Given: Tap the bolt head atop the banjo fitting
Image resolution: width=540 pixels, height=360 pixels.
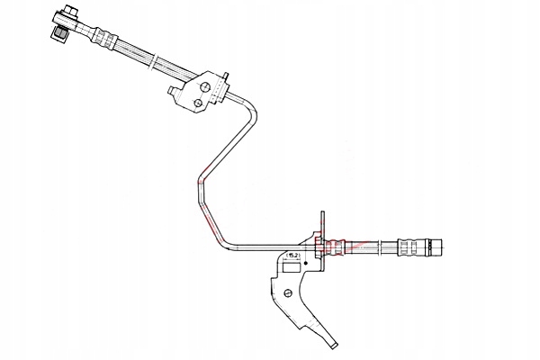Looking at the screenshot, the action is [x=67, y=13].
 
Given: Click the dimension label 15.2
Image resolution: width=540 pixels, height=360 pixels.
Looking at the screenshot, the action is [x=292, y=256].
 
